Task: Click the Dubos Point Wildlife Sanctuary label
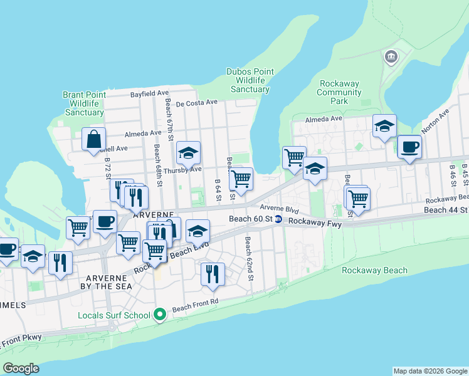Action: pos(250,80)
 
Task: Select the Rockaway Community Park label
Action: pos(340,92)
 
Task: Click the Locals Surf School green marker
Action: pos(160,315)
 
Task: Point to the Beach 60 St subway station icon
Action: pos(278,219)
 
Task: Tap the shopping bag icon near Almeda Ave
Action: pos(93,139)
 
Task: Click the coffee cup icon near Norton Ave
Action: pos(409,147)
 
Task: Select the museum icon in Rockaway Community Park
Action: pos(391,58)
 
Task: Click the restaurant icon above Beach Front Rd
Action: pos(213,274)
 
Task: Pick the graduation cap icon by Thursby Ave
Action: pos(188,153)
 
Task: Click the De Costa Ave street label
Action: pos(196,102)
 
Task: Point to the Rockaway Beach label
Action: pos(374,271)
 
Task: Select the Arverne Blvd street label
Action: pos(279,209)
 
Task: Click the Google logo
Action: pos(21,368)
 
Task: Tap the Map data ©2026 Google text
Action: pos(430,371)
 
